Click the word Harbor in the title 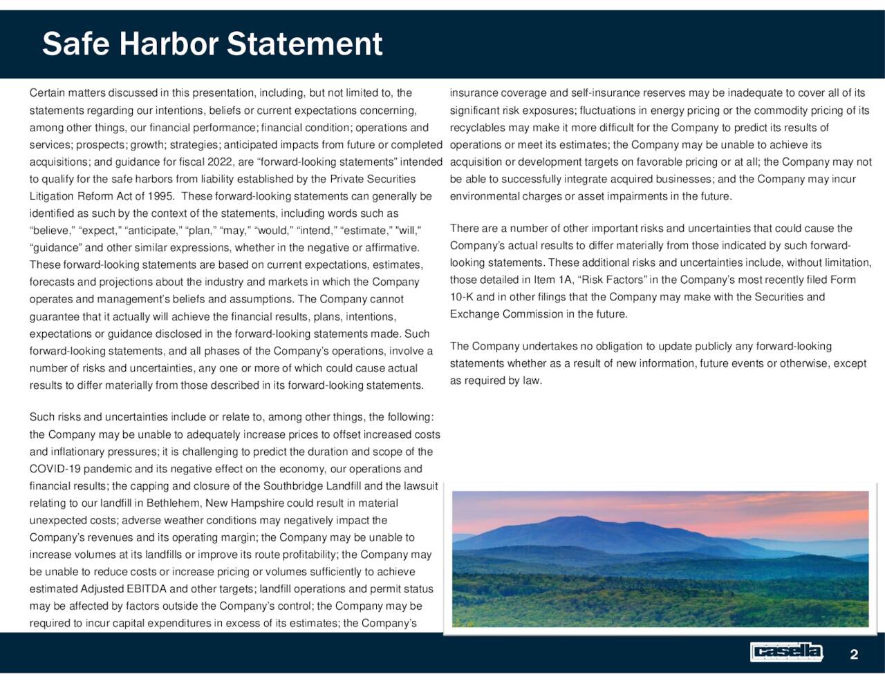pyautogui.click(x=168, y=44)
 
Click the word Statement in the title pyautogui.click(x=305, y=44)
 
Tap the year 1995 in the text pyautogui.click(x=160, y=196)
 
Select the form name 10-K pyautogui.click(x=462, y=297)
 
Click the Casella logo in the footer pyautogui.click(x=787, y=652)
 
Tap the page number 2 pyautogui.click(x=854, y=655)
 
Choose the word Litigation pyautogui.click(x=52, y=196)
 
